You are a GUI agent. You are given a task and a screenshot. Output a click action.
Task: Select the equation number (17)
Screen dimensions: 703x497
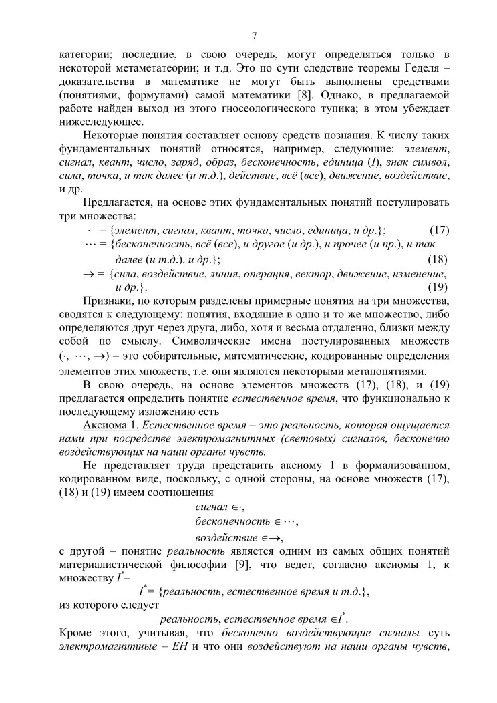coord(438,230)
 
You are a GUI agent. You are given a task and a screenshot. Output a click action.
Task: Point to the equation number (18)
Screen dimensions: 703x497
coord(437,259)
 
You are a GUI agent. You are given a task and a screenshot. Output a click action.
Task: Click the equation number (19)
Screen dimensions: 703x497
coord(437,287)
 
